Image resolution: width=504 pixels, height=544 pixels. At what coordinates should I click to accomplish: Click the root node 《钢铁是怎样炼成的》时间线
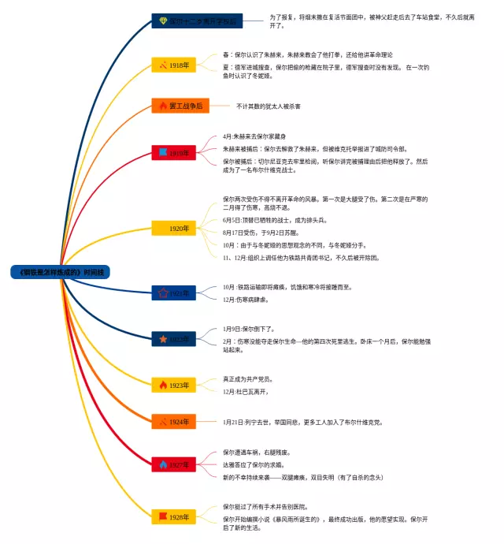pos(61,271)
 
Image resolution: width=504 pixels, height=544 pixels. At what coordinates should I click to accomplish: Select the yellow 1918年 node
pos(174,65)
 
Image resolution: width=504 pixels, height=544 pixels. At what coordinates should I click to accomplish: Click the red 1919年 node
pos(174,152)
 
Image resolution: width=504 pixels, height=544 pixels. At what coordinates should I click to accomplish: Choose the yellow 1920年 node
pos(174,229)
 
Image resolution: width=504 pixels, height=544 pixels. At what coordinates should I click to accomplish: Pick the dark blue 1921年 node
pos(174,293)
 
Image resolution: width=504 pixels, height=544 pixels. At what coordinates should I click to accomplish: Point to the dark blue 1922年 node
pos(174,339)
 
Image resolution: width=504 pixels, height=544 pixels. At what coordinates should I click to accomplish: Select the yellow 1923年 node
pos(174,386)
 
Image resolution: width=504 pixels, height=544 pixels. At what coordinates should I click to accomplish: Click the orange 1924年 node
pos(174,422)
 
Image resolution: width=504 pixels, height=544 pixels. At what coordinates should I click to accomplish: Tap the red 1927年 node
pos(174,465)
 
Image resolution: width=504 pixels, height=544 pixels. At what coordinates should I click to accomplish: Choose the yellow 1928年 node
pos(174,517)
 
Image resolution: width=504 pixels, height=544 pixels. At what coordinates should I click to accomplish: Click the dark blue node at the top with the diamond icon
pos(197,21)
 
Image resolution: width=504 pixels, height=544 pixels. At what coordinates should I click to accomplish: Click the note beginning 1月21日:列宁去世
pos(302,423)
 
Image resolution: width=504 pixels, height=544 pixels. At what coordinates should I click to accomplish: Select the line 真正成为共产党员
pos(250,379)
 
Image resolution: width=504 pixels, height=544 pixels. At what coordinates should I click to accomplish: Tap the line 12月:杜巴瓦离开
pos(246,392)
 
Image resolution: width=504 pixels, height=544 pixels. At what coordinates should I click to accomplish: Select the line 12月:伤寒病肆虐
pos(246,300)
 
